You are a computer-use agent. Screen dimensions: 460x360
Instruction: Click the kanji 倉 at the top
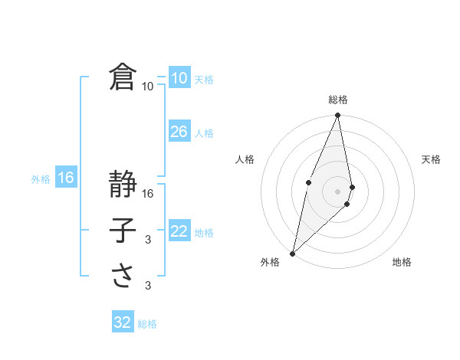(x=123, y=78)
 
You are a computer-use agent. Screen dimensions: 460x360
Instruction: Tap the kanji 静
(x=123, y=185)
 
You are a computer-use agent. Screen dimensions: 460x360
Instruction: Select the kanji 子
(x=123, y=231)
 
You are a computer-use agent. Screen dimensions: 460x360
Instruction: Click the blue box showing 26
(x=179, y=132)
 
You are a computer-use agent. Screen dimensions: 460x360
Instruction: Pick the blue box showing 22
(x=179, y=231)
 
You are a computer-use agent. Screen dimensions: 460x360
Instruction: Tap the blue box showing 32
(x=123, y=322)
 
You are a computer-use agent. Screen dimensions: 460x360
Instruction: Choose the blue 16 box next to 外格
(x=66, y=178)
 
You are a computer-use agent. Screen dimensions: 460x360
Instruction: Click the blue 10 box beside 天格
(x=179, y=78)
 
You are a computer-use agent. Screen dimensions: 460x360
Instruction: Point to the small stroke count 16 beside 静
(x=148, y=195)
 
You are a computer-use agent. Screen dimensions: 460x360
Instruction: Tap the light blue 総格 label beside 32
(x=147, y=324)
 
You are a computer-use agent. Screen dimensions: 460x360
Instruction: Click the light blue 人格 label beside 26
(x=204, y=133)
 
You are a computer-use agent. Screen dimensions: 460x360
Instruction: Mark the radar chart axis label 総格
(x=337, y=100)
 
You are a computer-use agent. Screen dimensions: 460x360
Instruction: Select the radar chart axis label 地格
(x=402, y=262)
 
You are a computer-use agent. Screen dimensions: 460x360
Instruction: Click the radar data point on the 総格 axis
(x=337, y=116)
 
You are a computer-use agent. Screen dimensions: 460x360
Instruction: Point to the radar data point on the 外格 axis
(x=292, y=254)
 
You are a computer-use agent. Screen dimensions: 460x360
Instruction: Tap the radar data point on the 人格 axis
(x=308, y=182)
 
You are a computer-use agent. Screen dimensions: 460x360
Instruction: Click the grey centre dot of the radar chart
(x=337, y=191)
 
